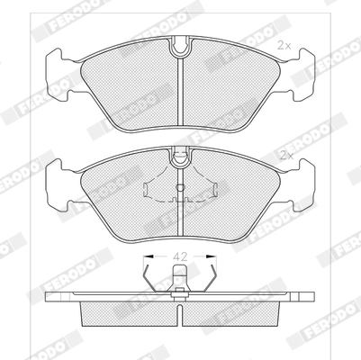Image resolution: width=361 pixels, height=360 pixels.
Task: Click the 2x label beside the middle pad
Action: click(x=286, y=156)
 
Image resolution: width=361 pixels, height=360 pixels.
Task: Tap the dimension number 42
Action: click(x=180, y=256)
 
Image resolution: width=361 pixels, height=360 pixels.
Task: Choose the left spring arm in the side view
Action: click(x=149, y=274)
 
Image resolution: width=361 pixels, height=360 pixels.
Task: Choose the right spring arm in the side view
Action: click(x=211, y=274)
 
